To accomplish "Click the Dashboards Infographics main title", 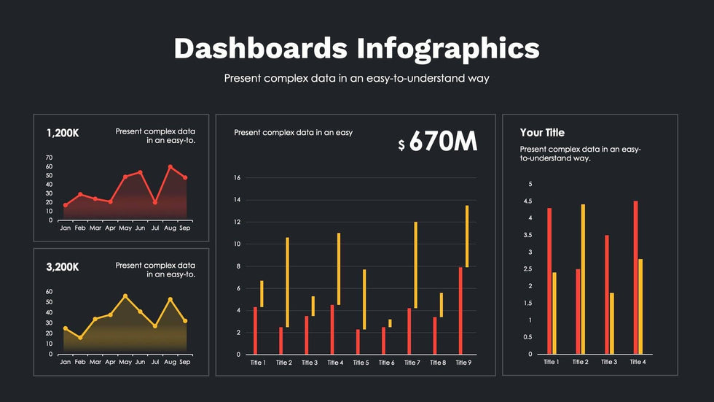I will (356, 48).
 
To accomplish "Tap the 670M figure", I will (443, 142).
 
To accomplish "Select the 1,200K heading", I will (63, 134).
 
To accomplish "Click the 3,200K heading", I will (63, 267).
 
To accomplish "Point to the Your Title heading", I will (542, 133).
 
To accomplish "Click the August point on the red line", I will (170, 167).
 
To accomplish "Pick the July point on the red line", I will (155, 202).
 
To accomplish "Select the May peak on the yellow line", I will (125, 296).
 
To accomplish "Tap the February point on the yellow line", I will (80, 338).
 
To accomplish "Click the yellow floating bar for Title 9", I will (466, 236).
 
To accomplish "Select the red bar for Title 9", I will (460, 311).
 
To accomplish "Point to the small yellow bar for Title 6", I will (390, 323).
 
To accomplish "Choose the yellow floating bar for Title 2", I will (287, 282).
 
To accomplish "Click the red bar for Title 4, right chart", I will (635, 278).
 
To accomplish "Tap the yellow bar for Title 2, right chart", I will (583, 279).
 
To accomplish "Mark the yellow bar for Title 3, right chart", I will (611, 324).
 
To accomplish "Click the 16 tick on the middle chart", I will (237, 178).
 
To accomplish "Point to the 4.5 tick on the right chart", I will (530, 201).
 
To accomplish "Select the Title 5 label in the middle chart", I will (361, 363).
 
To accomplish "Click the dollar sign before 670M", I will (401, 145).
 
